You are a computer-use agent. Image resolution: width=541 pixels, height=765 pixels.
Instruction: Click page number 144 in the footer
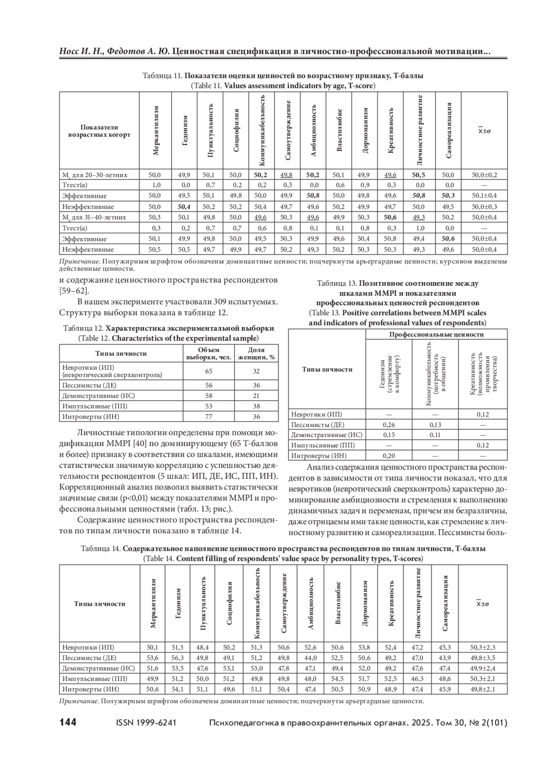(x=68, y=723)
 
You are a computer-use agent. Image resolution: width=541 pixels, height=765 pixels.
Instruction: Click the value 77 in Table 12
(x=209, y=417)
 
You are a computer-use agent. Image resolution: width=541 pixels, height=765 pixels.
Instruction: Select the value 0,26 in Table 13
(x=389, y=425)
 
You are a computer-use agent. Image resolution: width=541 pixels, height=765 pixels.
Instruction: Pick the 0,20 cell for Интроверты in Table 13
(x=389, y=456)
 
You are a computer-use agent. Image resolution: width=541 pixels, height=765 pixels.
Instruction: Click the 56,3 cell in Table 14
(x=178, y=658)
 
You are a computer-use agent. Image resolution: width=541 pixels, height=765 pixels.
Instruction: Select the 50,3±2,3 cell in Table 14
(x=482, y=647)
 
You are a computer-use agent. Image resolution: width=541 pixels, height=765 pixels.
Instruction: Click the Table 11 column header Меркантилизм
(x=156, y=131)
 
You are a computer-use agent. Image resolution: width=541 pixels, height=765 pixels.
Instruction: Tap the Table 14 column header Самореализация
(x=445, y=603)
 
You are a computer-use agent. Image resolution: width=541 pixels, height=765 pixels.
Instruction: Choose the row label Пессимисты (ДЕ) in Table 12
(x=89, y=385)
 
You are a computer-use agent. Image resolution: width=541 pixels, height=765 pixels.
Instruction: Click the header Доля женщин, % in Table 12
(x=256, y=354)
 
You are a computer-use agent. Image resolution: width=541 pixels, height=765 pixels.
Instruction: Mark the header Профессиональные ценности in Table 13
(x=436, y=334)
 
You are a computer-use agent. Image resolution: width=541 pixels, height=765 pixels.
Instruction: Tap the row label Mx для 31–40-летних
(x=94, y=217)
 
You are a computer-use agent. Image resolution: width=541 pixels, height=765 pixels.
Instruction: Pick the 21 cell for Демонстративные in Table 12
(x=256, y=396)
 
